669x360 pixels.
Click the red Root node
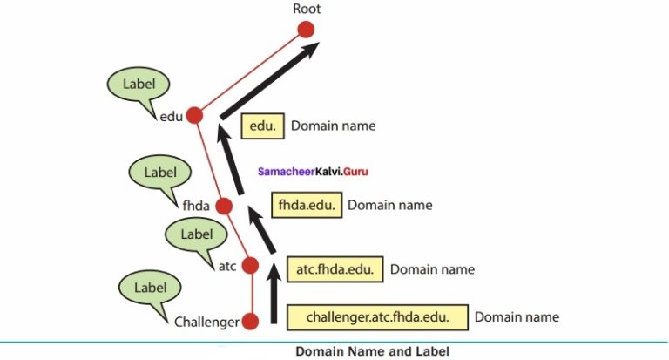tap(306, 30)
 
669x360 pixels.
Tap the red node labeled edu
tap(194, 115)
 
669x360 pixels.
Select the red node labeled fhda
tap(223, 207)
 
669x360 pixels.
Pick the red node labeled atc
tap(251, 266)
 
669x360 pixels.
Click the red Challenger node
tap(251, 322)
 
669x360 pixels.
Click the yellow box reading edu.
tap(262, 126)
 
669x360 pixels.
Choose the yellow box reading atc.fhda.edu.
tap(334, 269)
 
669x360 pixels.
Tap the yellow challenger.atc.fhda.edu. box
tap(377, 317)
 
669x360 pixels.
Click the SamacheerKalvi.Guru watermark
tap(313, 172)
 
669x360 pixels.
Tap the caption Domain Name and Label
tap(373, 351)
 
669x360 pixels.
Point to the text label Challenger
tap(206, 323)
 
